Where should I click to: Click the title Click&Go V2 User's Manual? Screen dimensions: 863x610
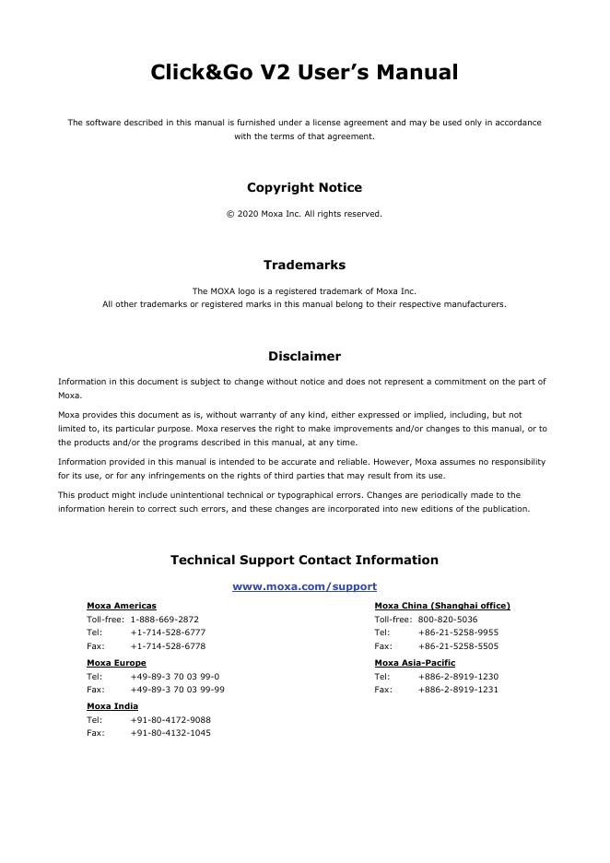coord(304,73)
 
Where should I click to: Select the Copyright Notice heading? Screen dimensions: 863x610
coord(304,187)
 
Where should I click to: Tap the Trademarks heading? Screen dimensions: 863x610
coord(304,265)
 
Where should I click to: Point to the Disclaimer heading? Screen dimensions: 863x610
coord(304,356)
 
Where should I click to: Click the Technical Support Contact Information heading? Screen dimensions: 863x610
coord(304,560)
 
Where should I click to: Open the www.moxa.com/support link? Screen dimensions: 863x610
coord(304,586)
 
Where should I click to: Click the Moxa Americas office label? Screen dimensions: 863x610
coord(121,606)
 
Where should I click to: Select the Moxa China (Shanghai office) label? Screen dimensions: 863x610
coord(441,606)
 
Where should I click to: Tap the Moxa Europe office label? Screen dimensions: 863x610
coord(116,663)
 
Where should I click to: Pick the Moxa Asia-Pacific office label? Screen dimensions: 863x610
coord(415,663)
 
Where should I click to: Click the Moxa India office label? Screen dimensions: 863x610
coord(112,706)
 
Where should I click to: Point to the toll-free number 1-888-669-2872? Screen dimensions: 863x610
coord(164,620)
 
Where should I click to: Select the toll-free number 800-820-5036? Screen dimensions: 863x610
coord(447,620)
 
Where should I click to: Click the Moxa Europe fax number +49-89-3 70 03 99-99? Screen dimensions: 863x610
coord(177,690)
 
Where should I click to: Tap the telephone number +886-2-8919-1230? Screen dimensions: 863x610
coord(458,676)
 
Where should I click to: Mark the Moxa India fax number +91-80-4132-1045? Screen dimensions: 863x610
coord(170,733)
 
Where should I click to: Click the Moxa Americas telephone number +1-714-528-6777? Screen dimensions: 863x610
coord(168,632)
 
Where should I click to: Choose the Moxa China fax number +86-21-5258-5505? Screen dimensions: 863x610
coord(458,646)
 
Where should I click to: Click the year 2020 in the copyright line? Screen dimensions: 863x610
coord(246,214)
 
